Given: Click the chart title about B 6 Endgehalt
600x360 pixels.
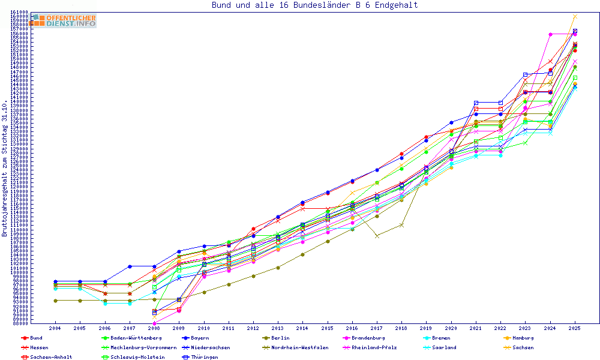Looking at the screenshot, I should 314,5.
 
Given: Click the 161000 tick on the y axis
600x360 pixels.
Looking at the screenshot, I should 20,12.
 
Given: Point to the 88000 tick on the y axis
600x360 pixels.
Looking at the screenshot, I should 22,323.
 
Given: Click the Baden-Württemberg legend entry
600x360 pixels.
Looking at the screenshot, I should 127,338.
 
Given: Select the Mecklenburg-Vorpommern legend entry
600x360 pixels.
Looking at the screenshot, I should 143,347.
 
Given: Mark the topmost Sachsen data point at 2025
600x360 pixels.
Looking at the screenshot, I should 575,17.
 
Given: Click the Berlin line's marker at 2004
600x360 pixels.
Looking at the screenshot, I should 55,301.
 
